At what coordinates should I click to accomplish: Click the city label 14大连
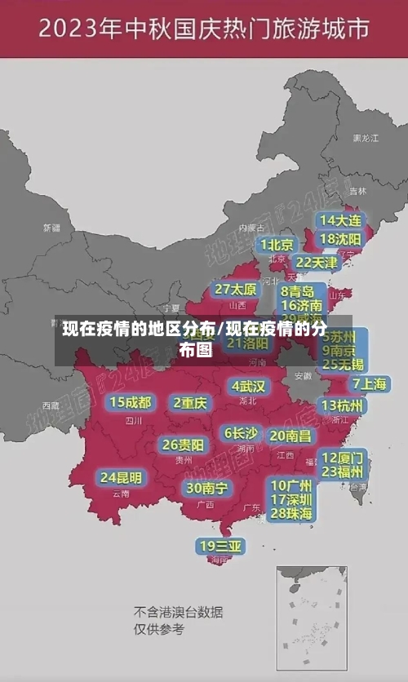(341, 221)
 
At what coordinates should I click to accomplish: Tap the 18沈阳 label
(341, 239)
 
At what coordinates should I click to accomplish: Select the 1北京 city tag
(277, 245)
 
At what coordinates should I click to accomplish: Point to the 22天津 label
(316, 263)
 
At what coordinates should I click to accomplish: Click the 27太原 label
(236, 290)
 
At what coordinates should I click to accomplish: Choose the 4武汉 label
(248, 386)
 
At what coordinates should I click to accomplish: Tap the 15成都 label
(131, 402)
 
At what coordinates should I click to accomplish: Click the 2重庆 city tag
(190, 402)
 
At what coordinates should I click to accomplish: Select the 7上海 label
(369, 384)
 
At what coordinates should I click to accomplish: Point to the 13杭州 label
(343, 405)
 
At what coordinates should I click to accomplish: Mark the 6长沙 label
(241, 433)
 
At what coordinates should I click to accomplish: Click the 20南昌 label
(290, 436)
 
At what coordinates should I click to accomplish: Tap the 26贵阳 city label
(183, 445)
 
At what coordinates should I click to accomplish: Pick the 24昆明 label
(121, 477)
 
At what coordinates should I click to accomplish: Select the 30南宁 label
(206, 488)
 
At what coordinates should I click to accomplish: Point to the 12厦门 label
(342, 458)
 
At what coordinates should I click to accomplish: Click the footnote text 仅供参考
(159, 629)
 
